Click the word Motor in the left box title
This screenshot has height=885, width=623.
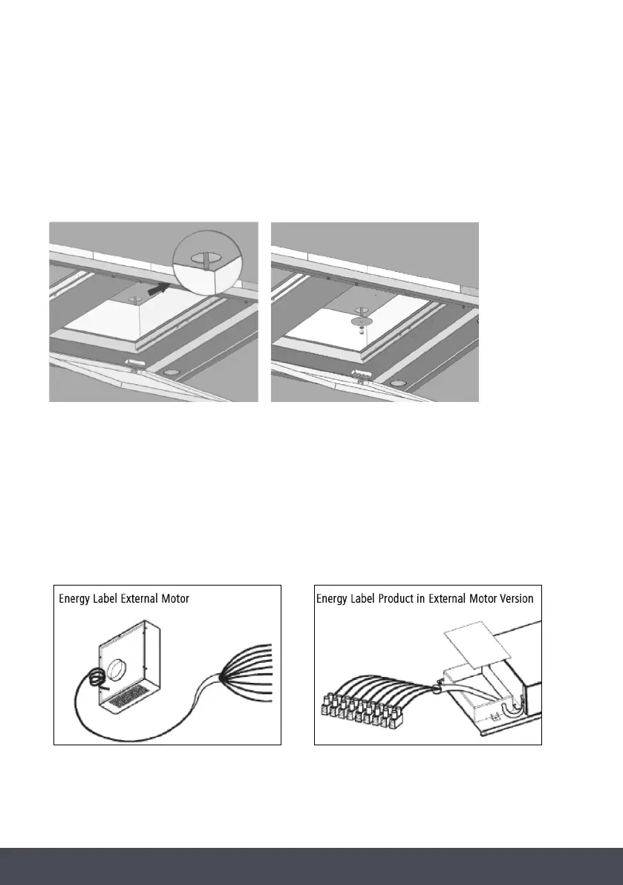click(173, 599)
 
